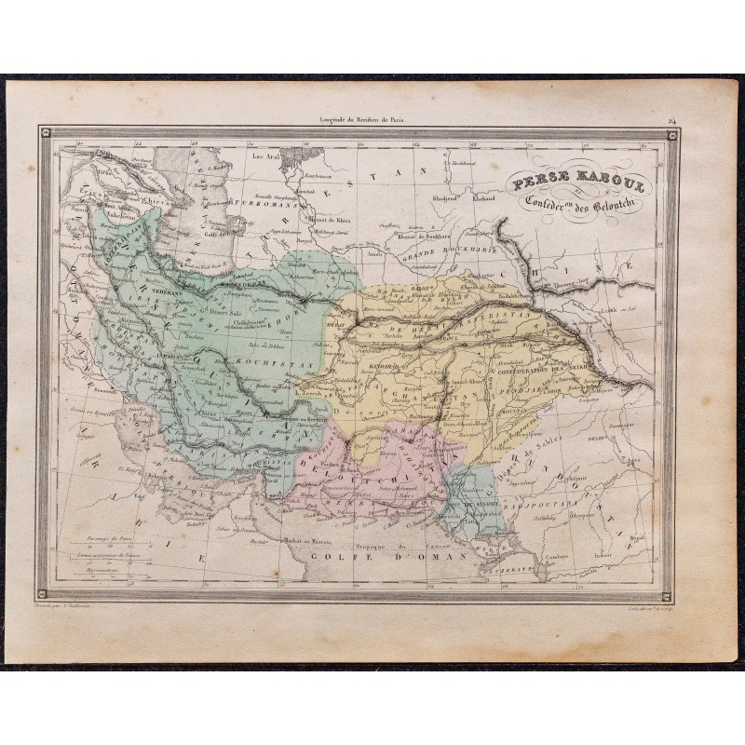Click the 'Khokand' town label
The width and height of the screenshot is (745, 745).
488,197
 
